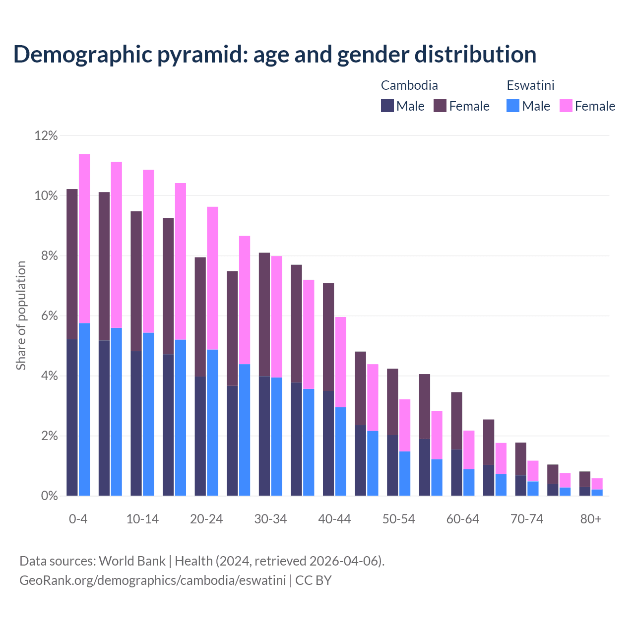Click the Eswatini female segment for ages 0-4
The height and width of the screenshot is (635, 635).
pyautogui.click(x=84, y=238)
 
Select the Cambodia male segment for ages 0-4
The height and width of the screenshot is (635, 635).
pyautogui.click(x=72, y=417)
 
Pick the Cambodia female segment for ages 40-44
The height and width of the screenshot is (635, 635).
pyautogui.click(x=328, y=337)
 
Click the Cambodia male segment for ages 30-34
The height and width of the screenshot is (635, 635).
pyautogui.click(x=264, y=436)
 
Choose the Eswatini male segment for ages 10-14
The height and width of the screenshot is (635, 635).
pyautogui.click(x=148, y=414)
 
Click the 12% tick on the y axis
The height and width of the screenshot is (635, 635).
pyautogui.click(x=46, y=135)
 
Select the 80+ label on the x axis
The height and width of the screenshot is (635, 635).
pyautogui.click(x=591, y=519)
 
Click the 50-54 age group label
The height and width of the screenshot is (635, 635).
pyautogui.click(x=399, y=519)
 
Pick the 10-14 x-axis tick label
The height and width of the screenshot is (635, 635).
pyautogui.click(x=142, y=519)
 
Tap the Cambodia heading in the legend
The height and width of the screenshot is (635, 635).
pyautogui.click(x=409, y=85)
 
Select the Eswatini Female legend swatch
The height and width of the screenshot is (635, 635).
pyautogui.click(x=566, y=106)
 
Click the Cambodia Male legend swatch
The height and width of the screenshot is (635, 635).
pyautogui.click(x=387, y=106)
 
